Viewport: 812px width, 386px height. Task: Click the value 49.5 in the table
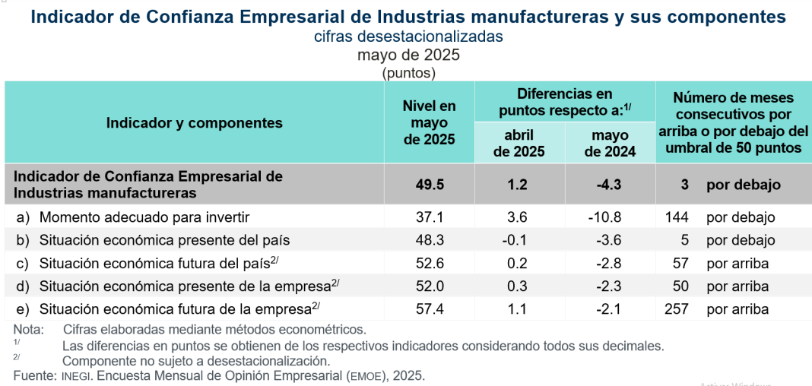pos(429,185)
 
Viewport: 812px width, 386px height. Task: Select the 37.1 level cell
pos(429,217)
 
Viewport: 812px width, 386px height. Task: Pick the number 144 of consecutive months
pos(676,217)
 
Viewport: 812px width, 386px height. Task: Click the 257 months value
pos(676,309)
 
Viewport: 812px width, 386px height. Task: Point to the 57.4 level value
pos(429,309)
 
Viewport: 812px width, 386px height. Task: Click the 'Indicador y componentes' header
pos(195,123)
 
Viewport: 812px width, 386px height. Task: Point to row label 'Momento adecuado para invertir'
pos(144,217)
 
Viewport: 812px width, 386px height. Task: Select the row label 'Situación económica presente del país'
pos(164,240)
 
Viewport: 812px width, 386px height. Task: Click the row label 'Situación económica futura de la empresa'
pos(175,309)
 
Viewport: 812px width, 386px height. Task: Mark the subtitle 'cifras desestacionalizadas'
pos(408,36)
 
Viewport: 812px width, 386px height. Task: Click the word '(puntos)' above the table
pos(408,73)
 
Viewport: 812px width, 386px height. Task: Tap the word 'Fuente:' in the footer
pos(34,375)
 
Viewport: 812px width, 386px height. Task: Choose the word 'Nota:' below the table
pos(29,330)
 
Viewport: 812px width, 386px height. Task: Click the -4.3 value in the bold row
pos(610,185)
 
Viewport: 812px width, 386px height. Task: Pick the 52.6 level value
pos(429,264)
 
